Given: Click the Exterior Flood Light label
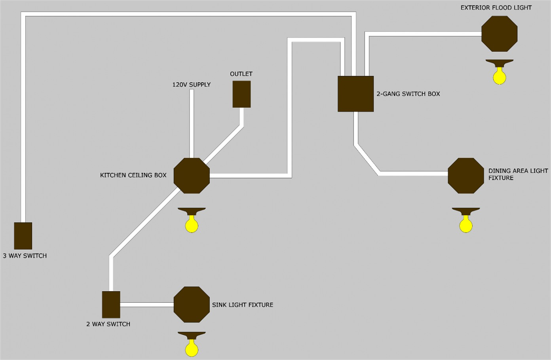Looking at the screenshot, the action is coord(496,8).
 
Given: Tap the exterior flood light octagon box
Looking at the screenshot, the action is coord(500,34).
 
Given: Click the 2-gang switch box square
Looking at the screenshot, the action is coord(356,94).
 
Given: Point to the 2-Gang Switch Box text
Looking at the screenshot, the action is coord(408,94).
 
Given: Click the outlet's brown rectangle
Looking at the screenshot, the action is coord(242,94).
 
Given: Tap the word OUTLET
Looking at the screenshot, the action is coord(241,74).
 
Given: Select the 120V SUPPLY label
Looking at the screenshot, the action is coord(191,85).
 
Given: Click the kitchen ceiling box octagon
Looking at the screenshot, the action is coord(192,176).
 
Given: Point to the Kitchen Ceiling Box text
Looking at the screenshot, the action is coord(133,175).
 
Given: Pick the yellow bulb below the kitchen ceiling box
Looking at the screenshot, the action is coord(192,224).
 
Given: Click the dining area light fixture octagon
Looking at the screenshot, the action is coord(466,176).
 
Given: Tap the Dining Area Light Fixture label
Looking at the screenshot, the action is coord(518,174).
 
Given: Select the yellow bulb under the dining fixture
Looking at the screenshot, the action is coord(466,224).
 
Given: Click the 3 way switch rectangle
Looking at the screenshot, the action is coord(23,236).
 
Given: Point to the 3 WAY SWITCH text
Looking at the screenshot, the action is coord(25,256).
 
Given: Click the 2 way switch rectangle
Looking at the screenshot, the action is coord(111,305).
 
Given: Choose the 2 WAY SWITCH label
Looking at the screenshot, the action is coord(108,324).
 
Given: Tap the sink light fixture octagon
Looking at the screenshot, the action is coord(192,305).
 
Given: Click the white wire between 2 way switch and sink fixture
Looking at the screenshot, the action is coord(147,305).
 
